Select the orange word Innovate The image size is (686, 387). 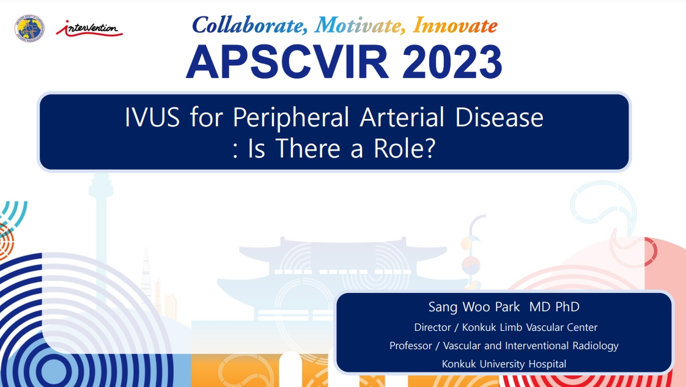455,26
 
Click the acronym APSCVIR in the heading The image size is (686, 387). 287,62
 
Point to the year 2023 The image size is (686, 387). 452,62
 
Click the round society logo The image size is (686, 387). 29,29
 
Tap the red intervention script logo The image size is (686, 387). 89,29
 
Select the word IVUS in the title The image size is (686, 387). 152,117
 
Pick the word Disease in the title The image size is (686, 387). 499,117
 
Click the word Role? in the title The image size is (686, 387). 404,148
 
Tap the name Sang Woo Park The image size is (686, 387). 474,307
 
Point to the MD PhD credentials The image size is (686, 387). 555,307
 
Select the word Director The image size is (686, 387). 432,327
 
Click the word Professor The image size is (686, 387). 410,345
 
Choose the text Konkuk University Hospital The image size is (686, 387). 504,364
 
